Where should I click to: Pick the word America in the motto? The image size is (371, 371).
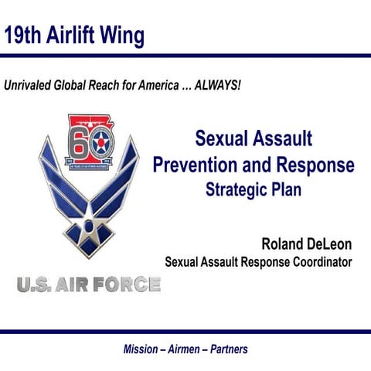click(154, 84)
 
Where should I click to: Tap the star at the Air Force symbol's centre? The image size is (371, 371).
click(87, 226)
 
